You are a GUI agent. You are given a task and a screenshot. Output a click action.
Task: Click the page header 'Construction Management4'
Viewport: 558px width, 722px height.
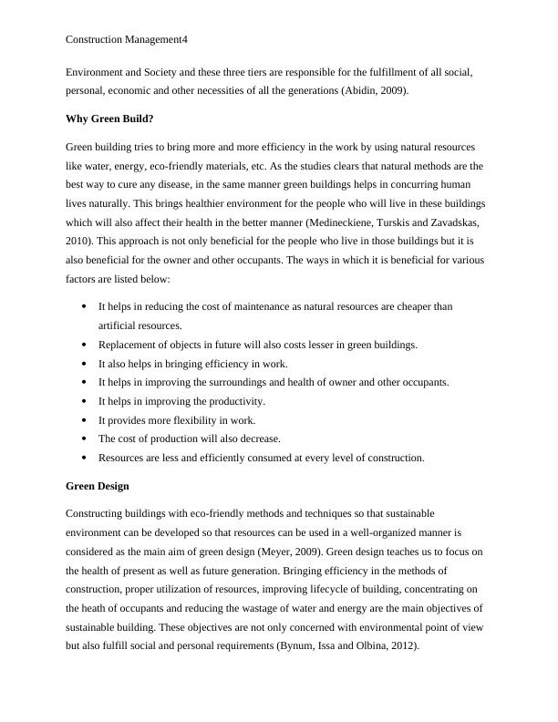[127, 40]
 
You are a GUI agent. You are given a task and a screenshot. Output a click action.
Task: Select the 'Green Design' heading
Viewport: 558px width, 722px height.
[98, 486]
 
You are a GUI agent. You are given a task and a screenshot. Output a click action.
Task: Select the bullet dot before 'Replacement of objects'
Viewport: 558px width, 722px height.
[84, 345]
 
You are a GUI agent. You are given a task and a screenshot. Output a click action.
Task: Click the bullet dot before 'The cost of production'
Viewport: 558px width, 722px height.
[84, 438]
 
